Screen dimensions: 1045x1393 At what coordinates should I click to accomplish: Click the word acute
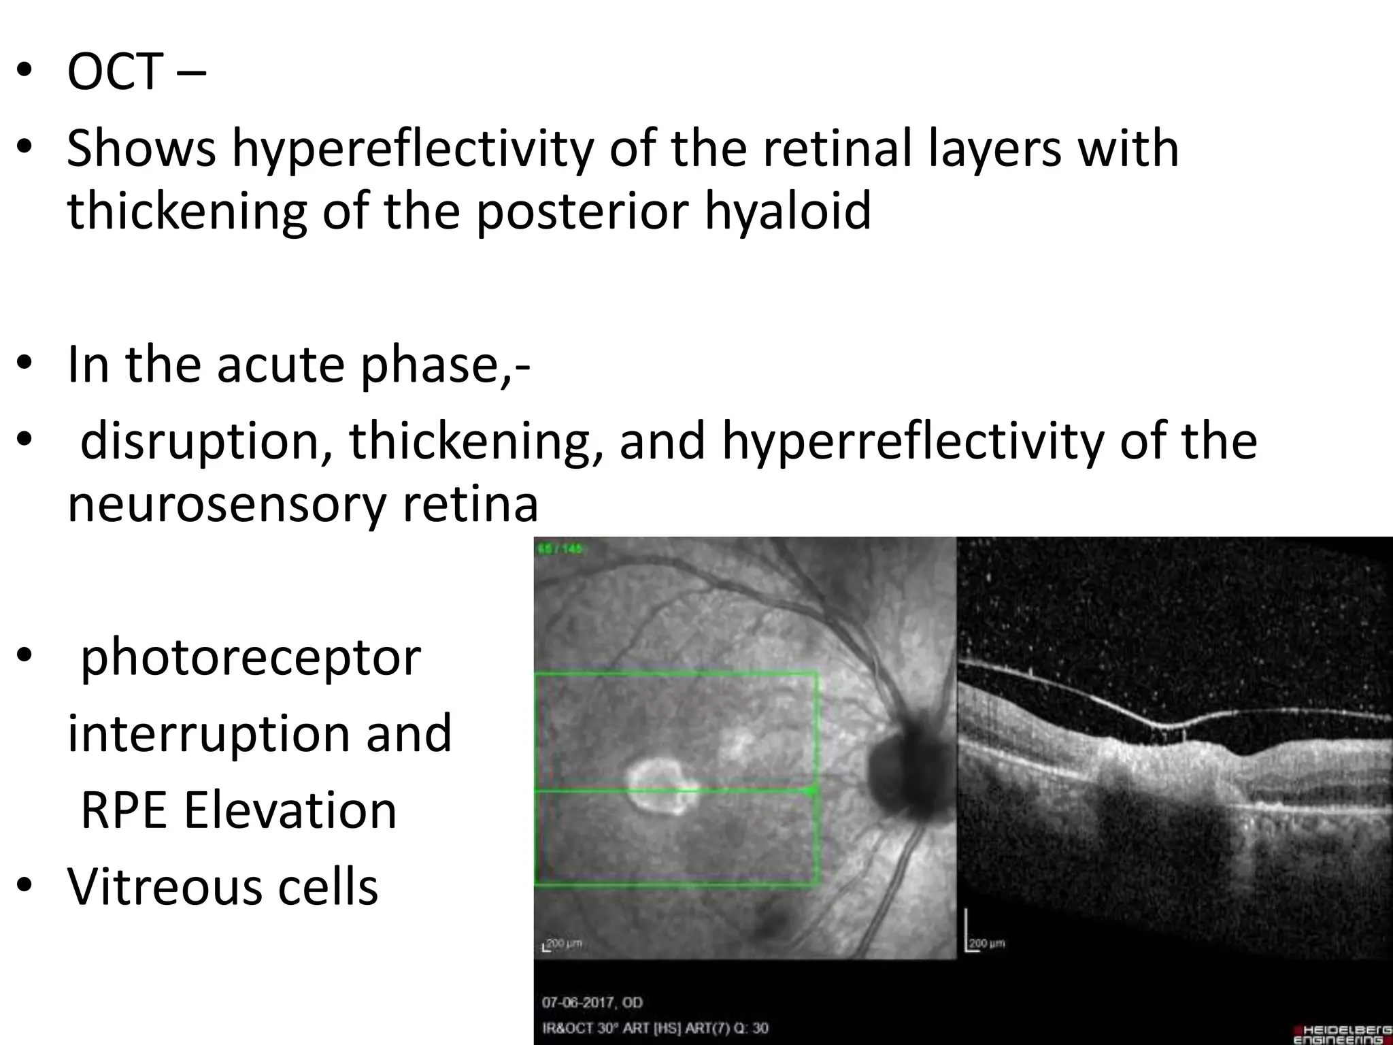(279, 365)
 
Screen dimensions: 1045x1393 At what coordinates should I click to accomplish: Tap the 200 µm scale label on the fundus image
(565, 944)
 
